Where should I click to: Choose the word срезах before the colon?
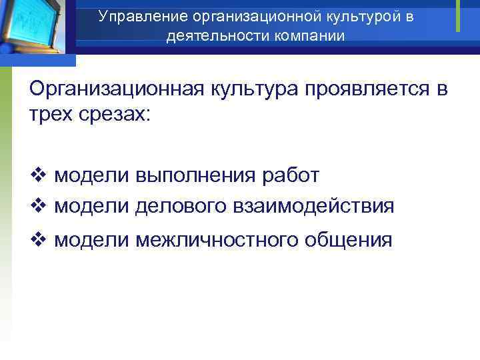click(x=116, y=114)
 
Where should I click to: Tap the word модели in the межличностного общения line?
click(x=91, y=240)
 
